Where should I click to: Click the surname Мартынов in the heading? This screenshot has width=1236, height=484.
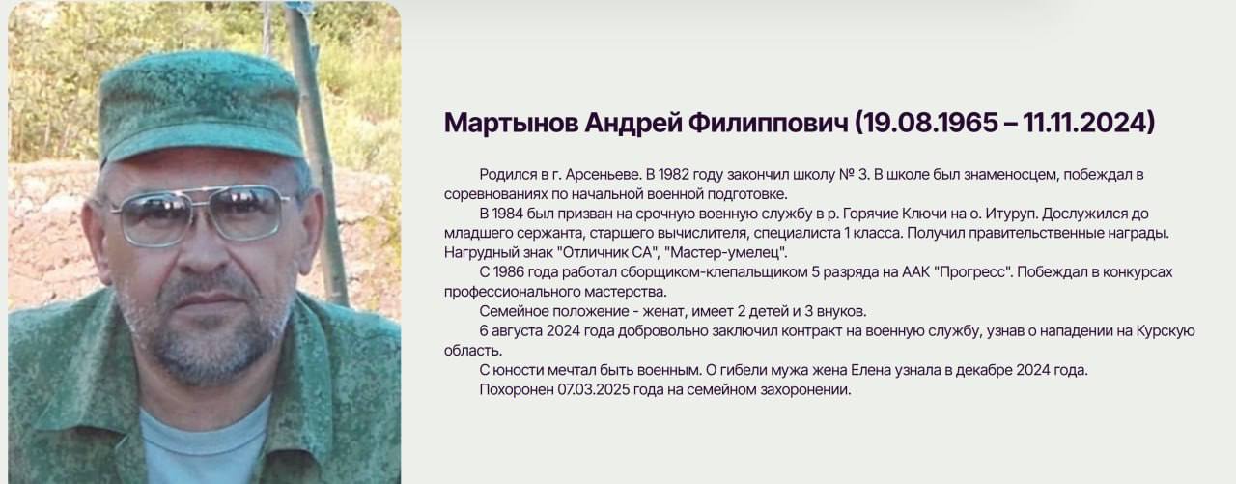(x=512, y=123)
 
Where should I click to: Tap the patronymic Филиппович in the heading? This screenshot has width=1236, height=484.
(x=769, y=123)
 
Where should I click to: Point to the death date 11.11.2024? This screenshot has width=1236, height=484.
(x=1083, y=123)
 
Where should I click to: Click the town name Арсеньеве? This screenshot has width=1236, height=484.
(x=603, y=175)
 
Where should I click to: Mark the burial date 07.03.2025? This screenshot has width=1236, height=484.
(x=594, y=389)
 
